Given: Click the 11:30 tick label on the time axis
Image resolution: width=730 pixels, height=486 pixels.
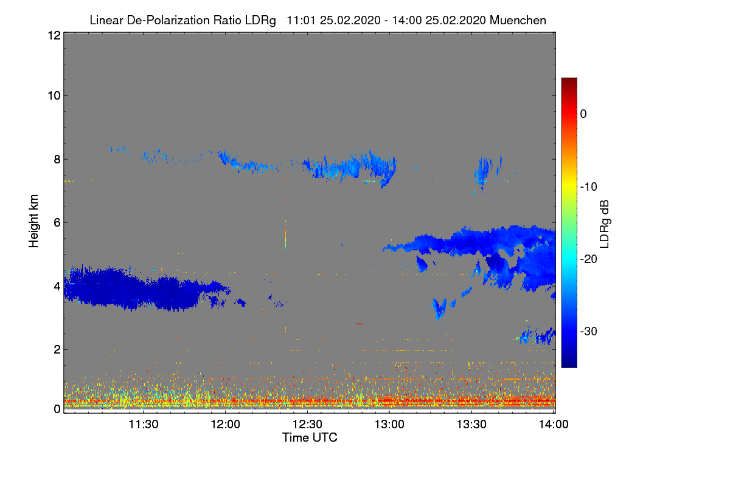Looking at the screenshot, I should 143,425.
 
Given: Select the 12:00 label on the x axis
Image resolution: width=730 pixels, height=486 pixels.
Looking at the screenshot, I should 225,425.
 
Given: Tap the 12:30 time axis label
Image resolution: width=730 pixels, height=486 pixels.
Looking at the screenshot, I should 307,425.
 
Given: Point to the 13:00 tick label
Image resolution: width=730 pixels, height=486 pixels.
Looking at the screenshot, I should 389,425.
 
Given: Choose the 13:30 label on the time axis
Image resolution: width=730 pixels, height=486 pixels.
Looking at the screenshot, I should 471,425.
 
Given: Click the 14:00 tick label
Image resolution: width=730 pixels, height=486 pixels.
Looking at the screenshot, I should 554,425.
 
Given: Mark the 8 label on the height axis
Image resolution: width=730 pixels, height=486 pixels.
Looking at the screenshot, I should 57,159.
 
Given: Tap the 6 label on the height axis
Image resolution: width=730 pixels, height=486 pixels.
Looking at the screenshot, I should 57,222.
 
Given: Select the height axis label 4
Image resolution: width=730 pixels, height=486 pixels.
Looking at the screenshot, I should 57,286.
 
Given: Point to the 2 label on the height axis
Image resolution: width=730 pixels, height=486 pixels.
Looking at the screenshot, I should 57,349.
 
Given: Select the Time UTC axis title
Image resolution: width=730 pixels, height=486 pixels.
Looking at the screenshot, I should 310,437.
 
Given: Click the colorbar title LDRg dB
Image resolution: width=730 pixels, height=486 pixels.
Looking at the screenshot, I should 605,223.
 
